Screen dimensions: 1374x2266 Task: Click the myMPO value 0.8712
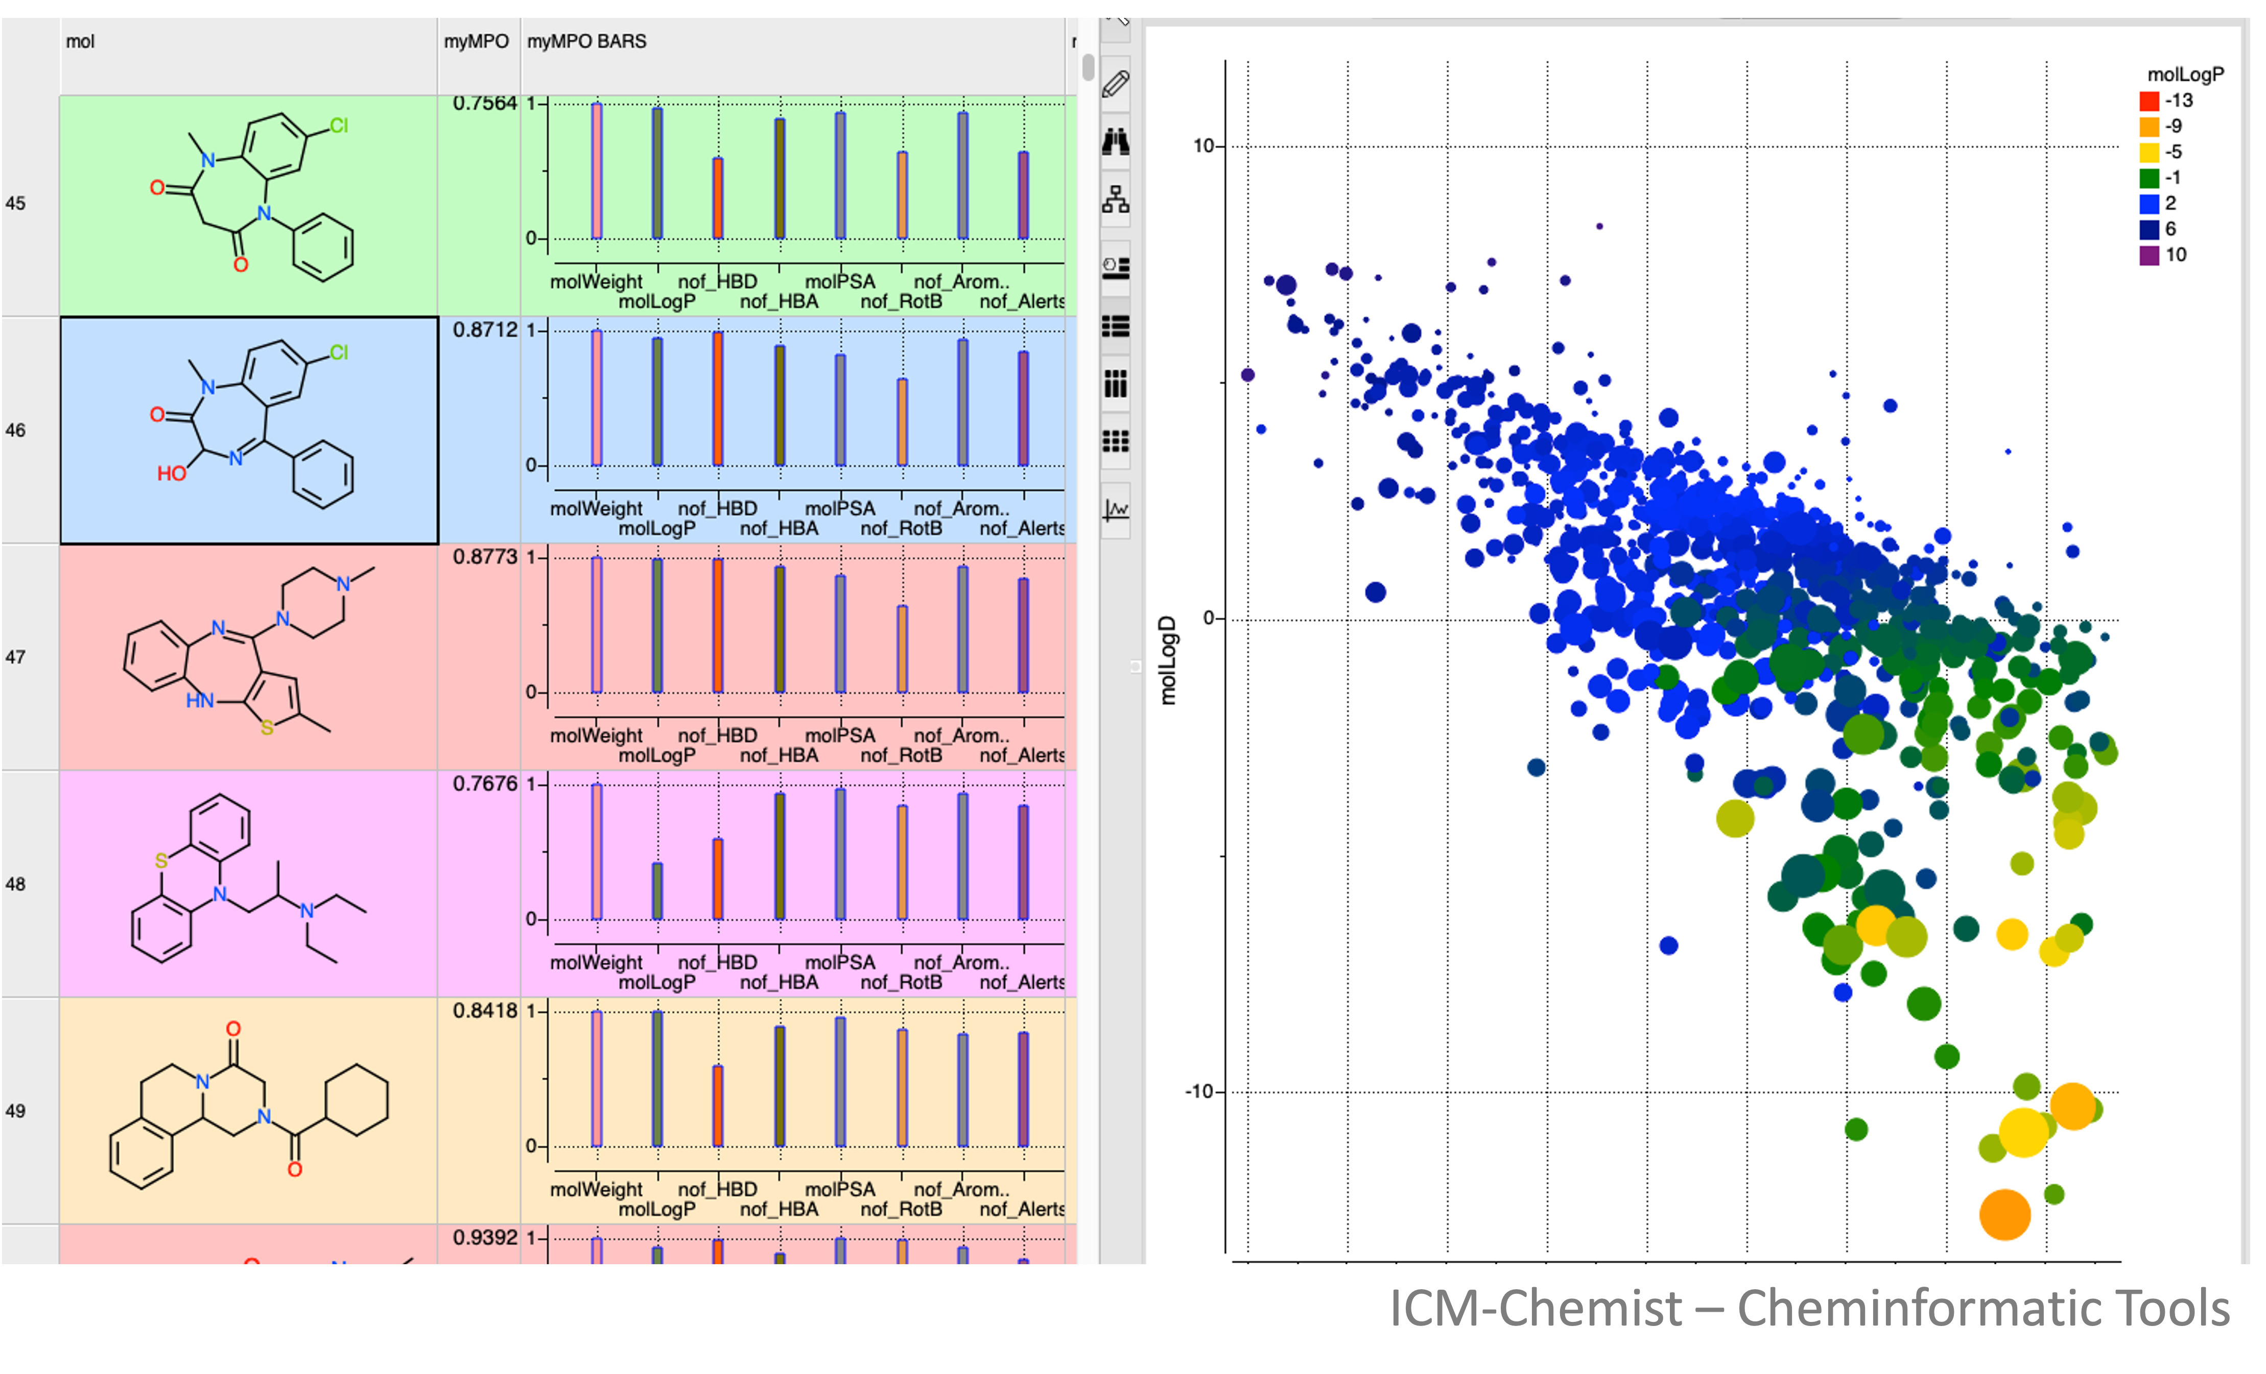tap(485, 329)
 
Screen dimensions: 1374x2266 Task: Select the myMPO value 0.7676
tap(485, 784)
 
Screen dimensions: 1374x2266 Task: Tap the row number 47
tap(16, 657)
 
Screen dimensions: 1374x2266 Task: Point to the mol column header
tap(80, 41)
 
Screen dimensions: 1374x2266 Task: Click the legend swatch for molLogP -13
tap(2149, 100)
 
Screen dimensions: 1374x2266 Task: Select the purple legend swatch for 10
tap(2149, 255)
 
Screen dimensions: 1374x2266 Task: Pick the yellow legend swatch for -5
tap(2149, 152)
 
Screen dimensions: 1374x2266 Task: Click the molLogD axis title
tap(1167, 660)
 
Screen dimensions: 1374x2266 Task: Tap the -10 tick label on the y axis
tap(1200, 1092)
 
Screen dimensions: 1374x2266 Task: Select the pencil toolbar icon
tap(1116, 85)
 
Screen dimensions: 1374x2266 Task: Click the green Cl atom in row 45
tap(339, 125)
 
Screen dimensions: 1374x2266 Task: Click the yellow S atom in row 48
tap(161, 861)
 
